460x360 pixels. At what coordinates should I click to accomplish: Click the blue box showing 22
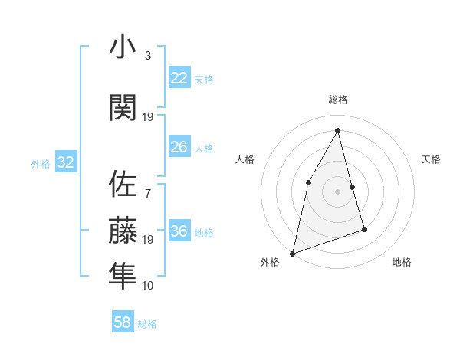pyautogui.click(x=179, y=78)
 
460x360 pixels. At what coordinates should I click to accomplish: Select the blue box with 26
pyautogui.click(x=179, y=147)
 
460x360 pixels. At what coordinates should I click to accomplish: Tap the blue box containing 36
pyautogui.click(x=179, y=231)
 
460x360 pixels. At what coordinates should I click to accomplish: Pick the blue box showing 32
pyautogui.click(x=65, y=162)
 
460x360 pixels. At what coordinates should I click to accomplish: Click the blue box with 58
pyautogui.click(x=123, y=322)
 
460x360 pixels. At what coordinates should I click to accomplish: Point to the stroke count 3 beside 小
pyautogui.click(x=148, y=56)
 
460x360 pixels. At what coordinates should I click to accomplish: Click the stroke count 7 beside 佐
pyautogui.click(x=148, y=185)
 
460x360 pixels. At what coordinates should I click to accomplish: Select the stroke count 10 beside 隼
pyautogui.click(x=148, y=286)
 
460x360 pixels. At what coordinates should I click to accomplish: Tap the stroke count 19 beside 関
pyautogui.click(x=148, y=117)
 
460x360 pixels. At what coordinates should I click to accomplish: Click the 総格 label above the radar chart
pyautogui.click(x=337, y=100)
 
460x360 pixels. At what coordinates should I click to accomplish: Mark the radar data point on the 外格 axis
pyautogui.click(x=292, y=253)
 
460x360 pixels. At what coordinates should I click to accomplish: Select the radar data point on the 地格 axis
pyautogui.click(x=365, y=229)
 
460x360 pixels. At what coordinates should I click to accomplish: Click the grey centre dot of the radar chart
pyautogui.click(x=337, y=191)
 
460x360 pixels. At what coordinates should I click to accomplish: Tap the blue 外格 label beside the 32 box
pyautogui.click(x=41, y=163)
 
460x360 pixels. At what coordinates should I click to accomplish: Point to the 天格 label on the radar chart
pyautogui.click(x=432, y=159)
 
